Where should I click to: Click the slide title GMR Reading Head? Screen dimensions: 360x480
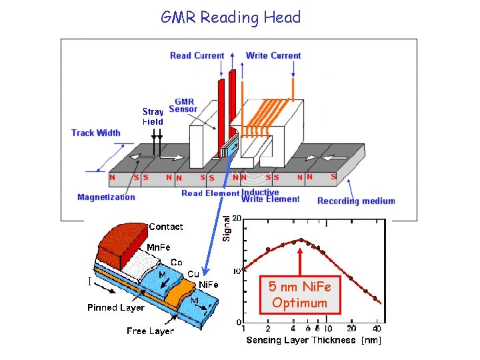[231, 17]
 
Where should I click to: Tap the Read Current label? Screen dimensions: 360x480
[197, 55]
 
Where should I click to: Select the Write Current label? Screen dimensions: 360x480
[273, 55]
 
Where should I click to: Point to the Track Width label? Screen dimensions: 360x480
[96, 133]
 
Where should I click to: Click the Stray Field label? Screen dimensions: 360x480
[153, 117]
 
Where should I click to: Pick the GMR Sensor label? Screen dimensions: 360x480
[183, 105]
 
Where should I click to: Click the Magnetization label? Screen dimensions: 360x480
[106, 197]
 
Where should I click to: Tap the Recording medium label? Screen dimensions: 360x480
[356, 201]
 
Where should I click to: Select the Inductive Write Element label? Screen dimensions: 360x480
[261, 195]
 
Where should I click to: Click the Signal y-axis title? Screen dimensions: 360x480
[227, 228]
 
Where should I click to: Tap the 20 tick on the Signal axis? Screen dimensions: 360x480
[236, 219]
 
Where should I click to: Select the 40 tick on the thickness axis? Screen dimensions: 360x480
[377, 328]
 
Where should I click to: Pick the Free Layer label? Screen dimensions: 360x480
[150, 331]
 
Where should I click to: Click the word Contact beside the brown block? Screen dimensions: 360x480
[165, 227]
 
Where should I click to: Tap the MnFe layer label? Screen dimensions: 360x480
[158, 247]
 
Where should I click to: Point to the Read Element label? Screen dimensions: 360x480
[210, 193]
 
